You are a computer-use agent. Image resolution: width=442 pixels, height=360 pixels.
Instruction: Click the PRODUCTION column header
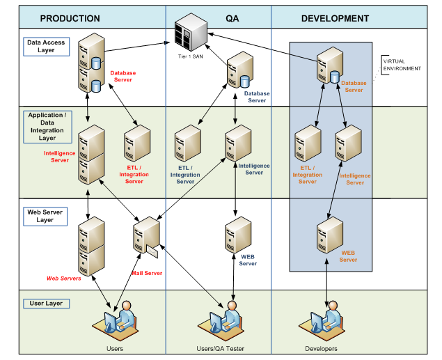(70, 18)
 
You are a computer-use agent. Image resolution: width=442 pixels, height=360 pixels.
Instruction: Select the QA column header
(217, 18)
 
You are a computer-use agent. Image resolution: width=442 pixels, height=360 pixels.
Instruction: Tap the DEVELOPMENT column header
(335, 18)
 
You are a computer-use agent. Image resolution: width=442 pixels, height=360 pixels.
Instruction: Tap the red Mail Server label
(147, 273)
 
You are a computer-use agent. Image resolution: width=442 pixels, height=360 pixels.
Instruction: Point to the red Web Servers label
(63, 278)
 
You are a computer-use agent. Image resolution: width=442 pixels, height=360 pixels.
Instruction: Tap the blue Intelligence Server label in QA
(255, 169)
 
